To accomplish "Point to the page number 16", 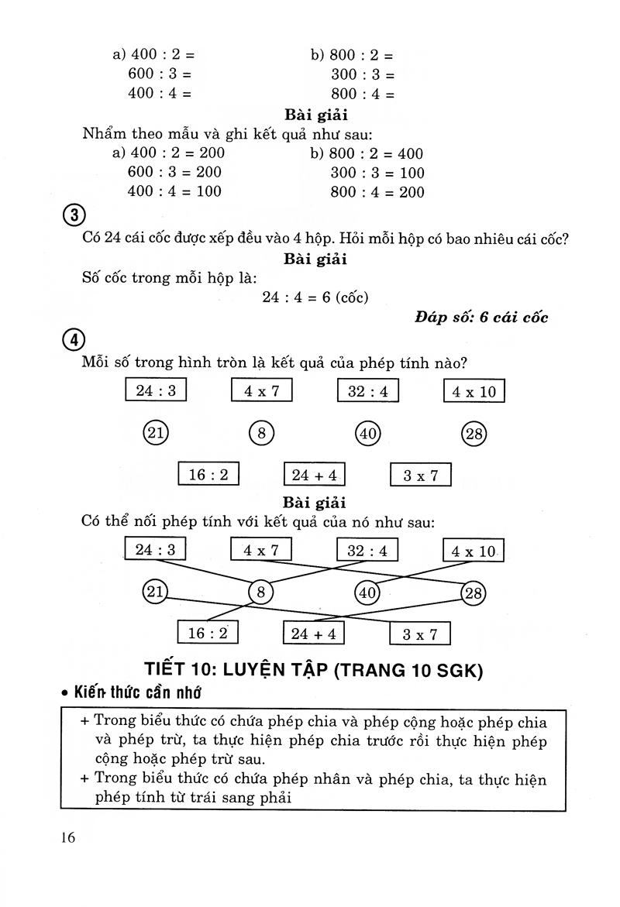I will (67, 839).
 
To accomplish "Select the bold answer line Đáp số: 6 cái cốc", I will (481, 317).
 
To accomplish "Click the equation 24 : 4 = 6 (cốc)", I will (315, 297).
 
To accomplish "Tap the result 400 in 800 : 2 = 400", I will (410, 153).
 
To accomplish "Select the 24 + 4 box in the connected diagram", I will (314, 634).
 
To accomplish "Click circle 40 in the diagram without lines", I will (368, 434).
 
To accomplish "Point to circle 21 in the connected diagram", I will (156, 593).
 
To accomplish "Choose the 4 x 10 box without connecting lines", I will (474, 392).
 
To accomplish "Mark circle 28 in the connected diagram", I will (473, 594).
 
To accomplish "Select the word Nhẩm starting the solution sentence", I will (105, 133).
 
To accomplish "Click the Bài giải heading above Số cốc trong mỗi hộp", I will (315, 258).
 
